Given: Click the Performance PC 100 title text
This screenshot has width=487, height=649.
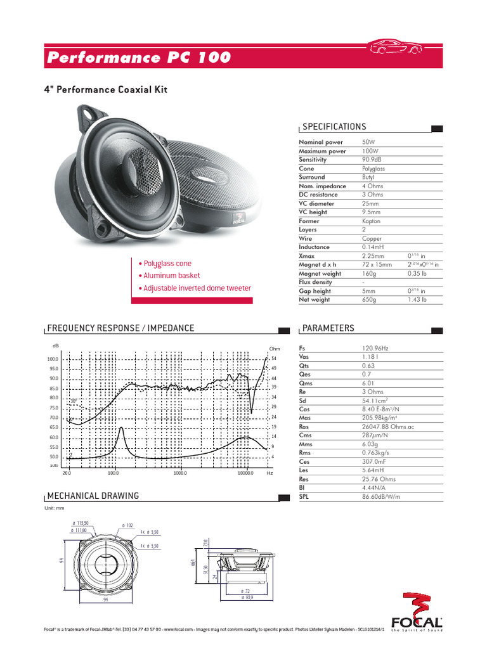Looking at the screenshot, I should [138, 58].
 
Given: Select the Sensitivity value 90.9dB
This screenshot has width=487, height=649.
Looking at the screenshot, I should [373, 160].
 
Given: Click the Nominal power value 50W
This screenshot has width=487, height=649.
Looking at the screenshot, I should [368, 143].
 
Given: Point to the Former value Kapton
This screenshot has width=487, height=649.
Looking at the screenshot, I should [371, 221].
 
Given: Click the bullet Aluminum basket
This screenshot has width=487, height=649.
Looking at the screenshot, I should [171, 276].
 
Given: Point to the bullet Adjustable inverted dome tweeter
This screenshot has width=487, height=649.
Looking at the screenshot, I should [197, 288].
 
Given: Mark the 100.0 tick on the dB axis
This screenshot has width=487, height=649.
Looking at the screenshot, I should [53, 359].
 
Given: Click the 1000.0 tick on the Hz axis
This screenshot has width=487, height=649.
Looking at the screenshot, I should [179, 473].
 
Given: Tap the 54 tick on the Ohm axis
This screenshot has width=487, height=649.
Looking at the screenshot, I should [273, 359].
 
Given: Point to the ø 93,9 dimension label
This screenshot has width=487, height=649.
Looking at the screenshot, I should [245, 597].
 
